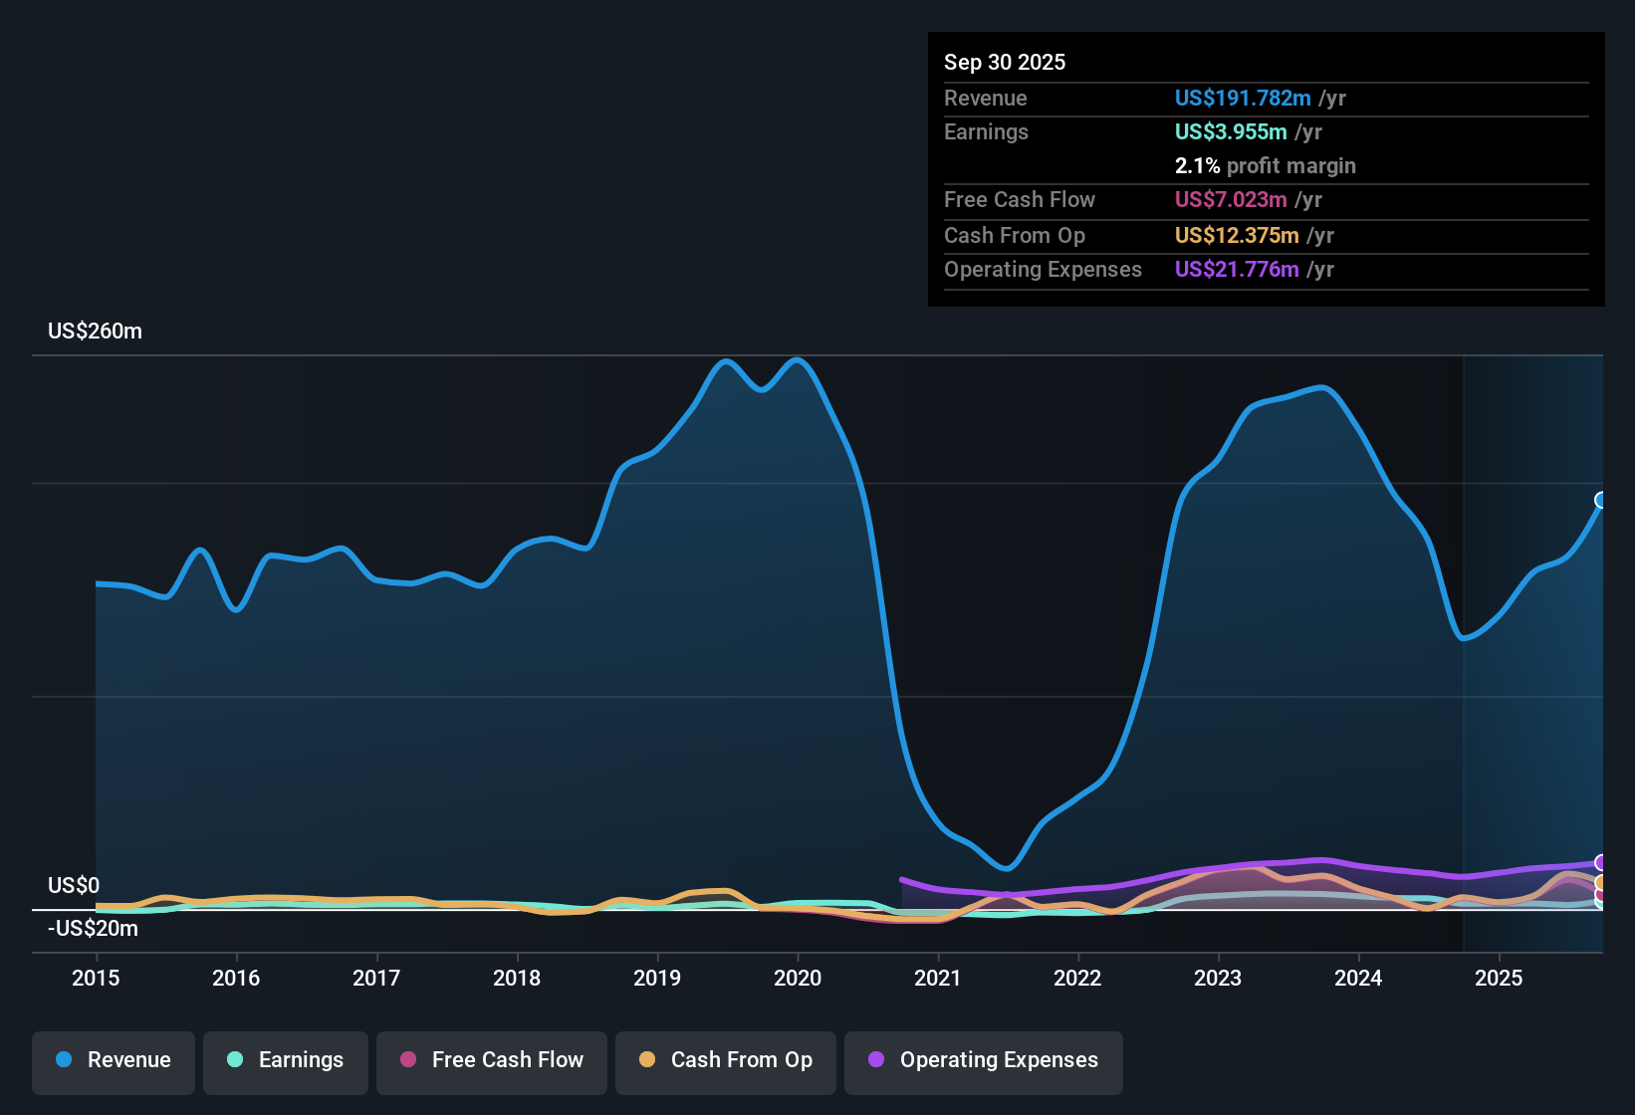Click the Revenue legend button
pyautogui.click(x=114, y=1060)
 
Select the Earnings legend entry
pyautogui.click(x=286, y=1060)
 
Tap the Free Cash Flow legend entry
pyautogui.click(x=492, y=1060)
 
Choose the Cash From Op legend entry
pyautogui.click(x=726, y=1060)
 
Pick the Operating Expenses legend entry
pyautogui.click(x=984, y=1060)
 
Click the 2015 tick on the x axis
pyautogui.click(x=96, y=978)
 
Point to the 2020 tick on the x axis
pyautogui.click(x=798, y=978)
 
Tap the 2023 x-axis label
pyautogui.click(x=1218, y=978)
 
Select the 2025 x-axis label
pyautogui.click(x=1499, y=978)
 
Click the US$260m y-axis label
pyautogui.click(x=95, y=332)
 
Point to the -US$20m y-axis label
pyautogui.click(x=93, y=929)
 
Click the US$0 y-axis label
pyautogui.click(x=74, y=886)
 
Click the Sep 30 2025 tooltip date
pyautogui.click(x=1005, y=62)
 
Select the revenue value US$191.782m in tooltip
pyautogui.click(x=1243, y=98)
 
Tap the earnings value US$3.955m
pyautogui.click(x=1231, y=131)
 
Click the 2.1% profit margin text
pyautogui.click(x=1265, y=165)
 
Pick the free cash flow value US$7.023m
pyautogui.click(x=1231, y=199)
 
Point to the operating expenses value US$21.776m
pyautogui.click(x=1237, y=269)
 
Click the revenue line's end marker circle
pyautogui.click(x=1601, y=500)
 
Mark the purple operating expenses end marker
pyautogui.click(x=1601, y=862)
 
